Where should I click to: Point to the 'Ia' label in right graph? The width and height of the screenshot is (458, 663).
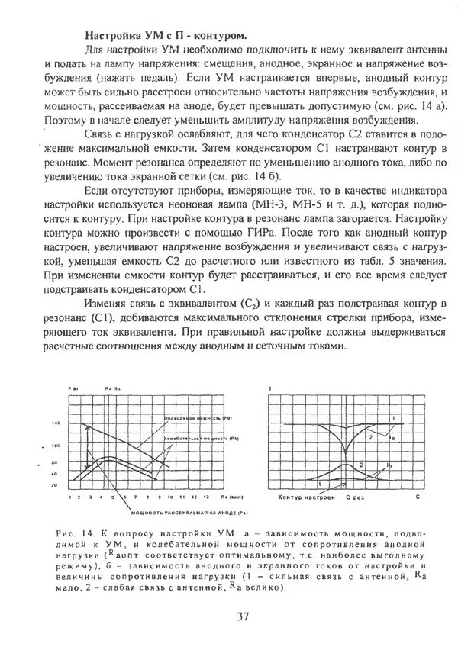click(x=391, y=439)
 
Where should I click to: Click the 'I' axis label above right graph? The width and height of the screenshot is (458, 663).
click(x=271, y=389)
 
